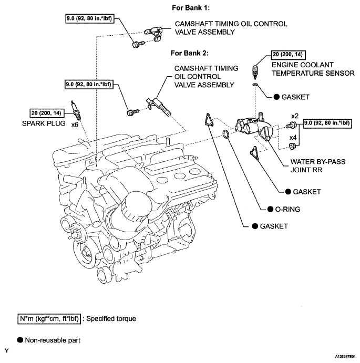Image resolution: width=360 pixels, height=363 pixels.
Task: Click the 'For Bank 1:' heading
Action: coord(191,8)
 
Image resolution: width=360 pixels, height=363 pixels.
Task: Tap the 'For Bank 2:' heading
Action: coord(190,53)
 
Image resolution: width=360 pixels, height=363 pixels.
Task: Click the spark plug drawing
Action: coord(76,110)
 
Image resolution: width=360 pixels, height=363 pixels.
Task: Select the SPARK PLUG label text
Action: coord(44,123)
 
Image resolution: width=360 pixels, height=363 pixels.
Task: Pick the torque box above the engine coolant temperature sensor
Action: coord(288,55)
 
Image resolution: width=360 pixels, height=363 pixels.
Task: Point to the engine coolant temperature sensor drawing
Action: coord(255,72)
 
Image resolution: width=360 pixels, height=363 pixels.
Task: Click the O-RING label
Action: coord(287,209)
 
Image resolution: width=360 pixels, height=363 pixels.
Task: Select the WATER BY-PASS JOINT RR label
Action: coord(318,166)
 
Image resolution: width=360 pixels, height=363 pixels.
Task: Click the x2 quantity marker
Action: coord(295,116)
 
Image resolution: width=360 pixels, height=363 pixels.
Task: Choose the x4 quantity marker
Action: coord(293,138)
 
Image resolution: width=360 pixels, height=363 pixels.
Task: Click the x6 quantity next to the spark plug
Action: coord(75,125)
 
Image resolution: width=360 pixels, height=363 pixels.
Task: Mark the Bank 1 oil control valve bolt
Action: coord(138,44)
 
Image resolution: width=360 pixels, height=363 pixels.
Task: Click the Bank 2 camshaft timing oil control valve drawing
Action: coord(159,106)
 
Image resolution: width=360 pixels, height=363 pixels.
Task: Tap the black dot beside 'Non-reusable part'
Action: coord(20,339)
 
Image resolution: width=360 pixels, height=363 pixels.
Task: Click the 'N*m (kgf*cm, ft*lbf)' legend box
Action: coord(49,319)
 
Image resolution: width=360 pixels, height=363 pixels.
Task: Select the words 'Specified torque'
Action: coord(111,319)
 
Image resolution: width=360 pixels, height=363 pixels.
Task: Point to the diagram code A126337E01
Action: coord(345,357)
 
